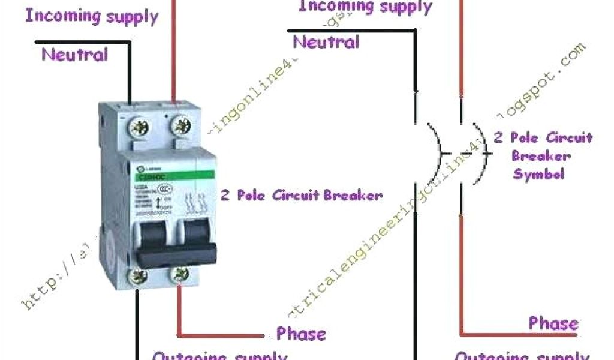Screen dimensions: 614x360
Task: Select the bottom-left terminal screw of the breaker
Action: coord(139,277)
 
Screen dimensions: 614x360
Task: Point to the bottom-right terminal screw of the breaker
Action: coord(179,276)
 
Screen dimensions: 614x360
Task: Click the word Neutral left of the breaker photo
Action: coord(74,55)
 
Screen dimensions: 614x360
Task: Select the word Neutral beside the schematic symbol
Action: coord(326,42)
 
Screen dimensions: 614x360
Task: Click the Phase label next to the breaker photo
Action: coord(301,334)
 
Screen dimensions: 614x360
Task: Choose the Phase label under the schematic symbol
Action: coord(553,323)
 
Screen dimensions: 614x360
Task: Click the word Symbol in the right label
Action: coord(538,175)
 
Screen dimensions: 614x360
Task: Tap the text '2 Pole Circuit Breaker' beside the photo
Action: coord(301,195)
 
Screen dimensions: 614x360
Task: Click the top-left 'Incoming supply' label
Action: coord(91,16)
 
